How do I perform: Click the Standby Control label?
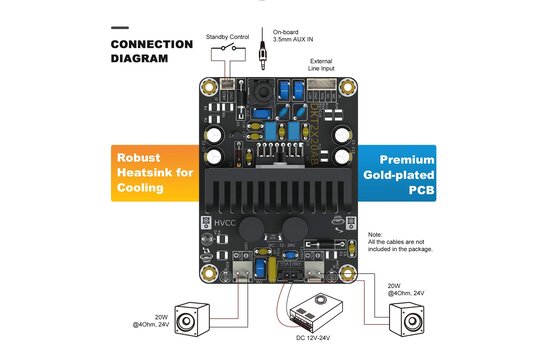[227, 37]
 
